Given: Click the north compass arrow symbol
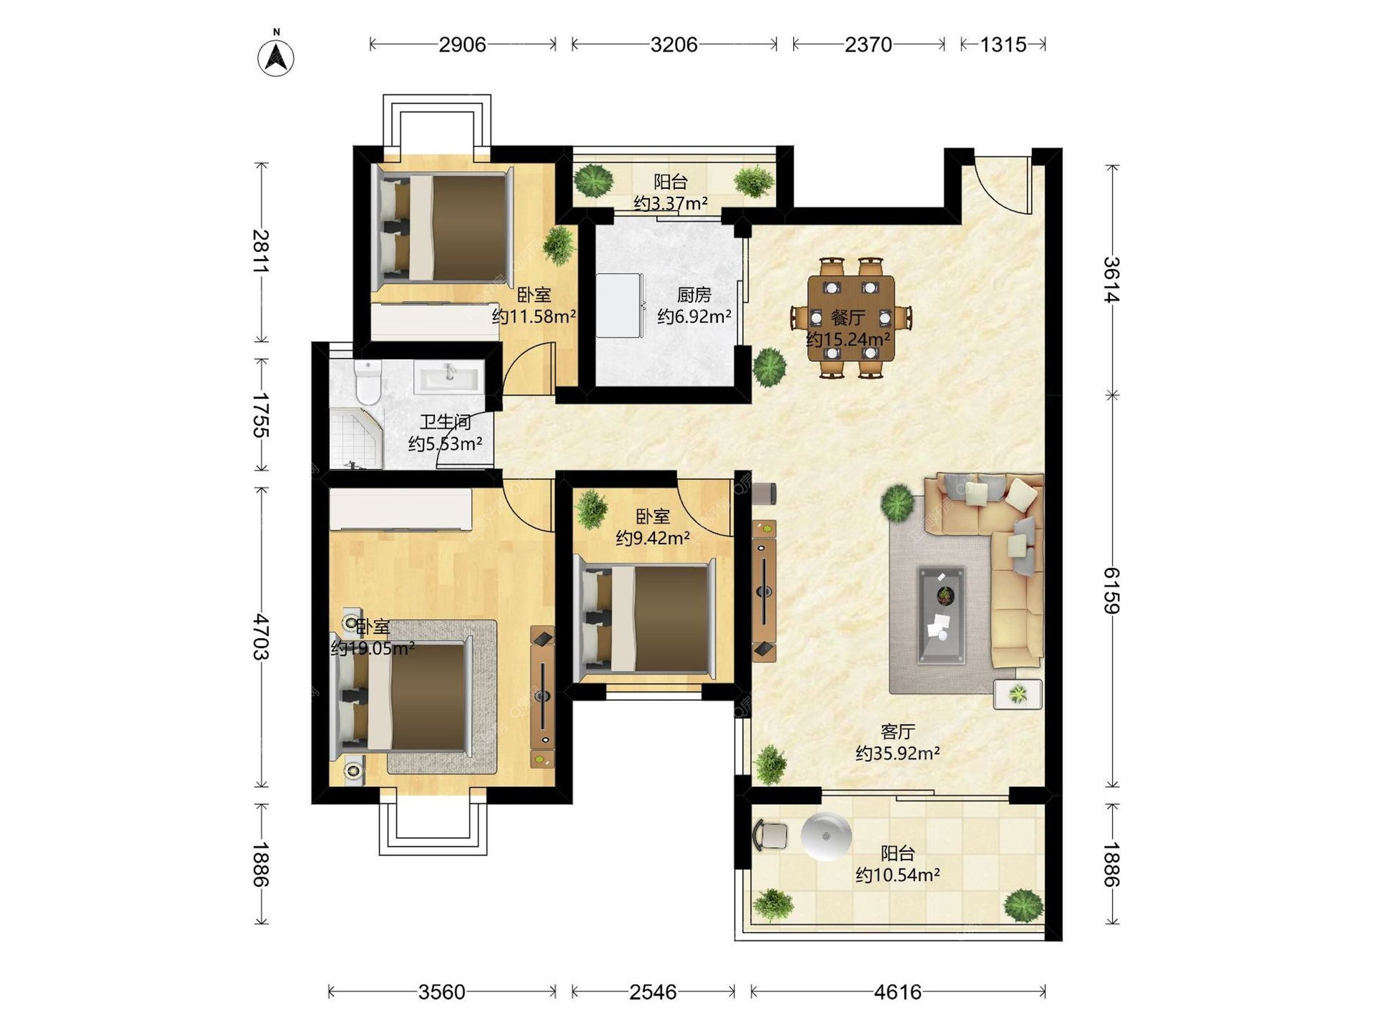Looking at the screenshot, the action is pos(276,57).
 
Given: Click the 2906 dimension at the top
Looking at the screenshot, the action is pos(462,45).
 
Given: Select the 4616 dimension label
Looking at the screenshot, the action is pos(897,992).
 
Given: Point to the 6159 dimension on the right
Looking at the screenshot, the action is pos(1111,590).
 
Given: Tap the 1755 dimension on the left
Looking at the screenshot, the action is pos(261,415).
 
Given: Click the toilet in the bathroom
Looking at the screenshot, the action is pos(368,382).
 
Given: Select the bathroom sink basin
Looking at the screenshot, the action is pos(449,377).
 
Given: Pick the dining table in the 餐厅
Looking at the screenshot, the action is pos(851,318).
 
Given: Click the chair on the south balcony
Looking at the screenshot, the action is pos(770,835).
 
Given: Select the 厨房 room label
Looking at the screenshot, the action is pos(694,295).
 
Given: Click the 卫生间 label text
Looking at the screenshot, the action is pos(445,423).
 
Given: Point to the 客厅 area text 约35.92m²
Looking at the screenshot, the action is pos(897,753).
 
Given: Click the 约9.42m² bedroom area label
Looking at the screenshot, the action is pos(652,538).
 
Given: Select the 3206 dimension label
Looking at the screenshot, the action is pos(674,45).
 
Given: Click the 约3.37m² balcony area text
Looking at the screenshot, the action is pos(671,204).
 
